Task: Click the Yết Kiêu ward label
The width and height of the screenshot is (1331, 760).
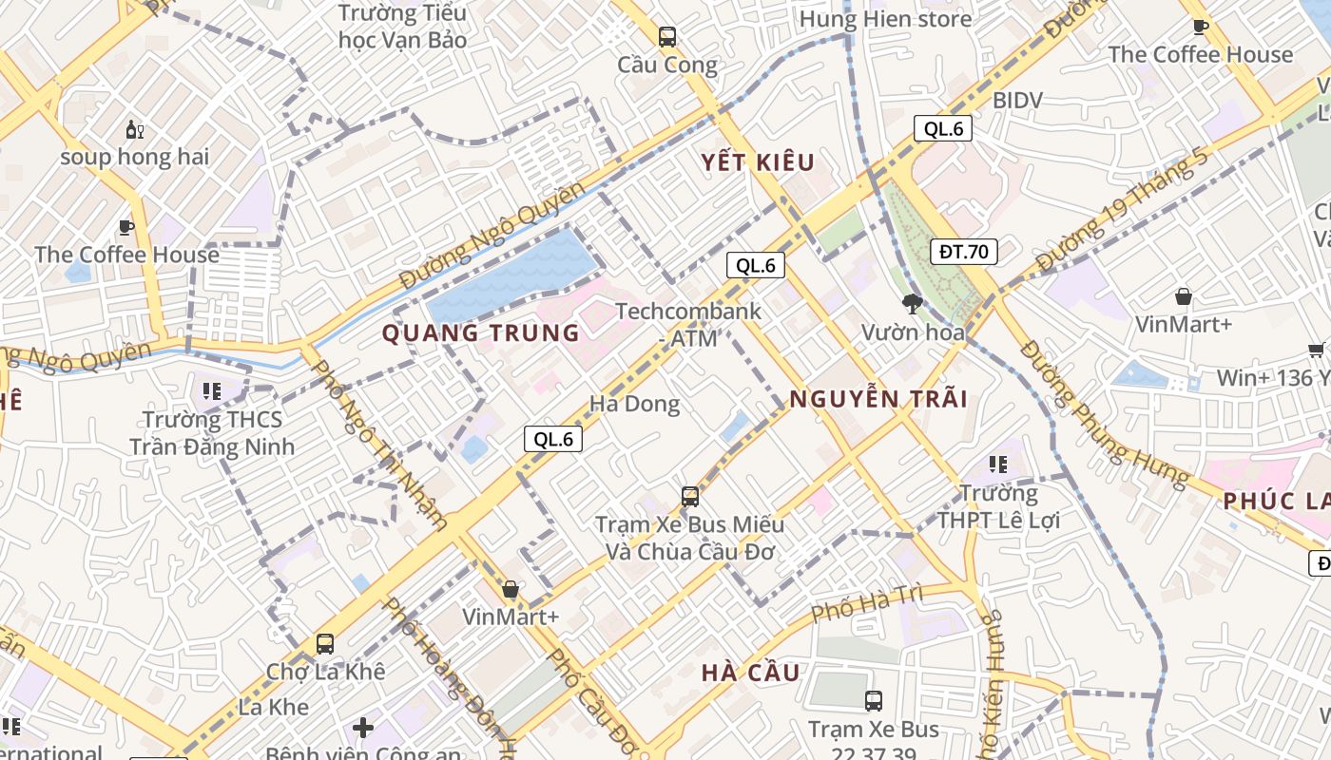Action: click(x=759, y=162)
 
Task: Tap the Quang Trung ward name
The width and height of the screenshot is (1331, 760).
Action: click(x=480, y=333)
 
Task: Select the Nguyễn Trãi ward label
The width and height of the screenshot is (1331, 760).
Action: click(x=878, y=399)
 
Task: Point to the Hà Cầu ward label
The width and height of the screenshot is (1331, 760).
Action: click(x=751, y=673)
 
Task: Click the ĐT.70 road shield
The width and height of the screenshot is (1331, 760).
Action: click(x=964, y=252)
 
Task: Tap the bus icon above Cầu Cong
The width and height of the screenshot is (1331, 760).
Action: click(x=667, y=37)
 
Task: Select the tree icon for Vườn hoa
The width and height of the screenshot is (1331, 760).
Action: click(x=913, y=304)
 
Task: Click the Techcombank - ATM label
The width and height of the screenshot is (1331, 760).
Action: click(x=688, y=323)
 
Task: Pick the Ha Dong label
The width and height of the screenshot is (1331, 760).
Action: click(x=634, y=404)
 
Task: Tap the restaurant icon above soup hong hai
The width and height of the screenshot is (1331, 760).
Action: click(x=134, y=130)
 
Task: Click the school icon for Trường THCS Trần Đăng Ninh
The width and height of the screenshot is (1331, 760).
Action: click(x=211, y=390)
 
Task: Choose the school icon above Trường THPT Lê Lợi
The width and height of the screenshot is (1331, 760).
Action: click(x=997, y=465)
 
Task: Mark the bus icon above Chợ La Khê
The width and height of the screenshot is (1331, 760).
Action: click(x=325, y=643)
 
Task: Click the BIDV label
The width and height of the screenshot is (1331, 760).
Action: click(x=1017, y=100)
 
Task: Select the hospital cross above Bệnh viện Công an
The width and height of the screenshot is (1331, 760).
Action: click(x=363, y=729)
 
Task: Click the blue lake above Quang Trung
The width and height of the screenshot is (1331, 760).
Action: click(x=513, y=275)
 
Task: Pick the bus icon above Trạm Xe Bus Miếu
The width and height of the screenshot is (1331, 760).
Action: click(x=690, y=496)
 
